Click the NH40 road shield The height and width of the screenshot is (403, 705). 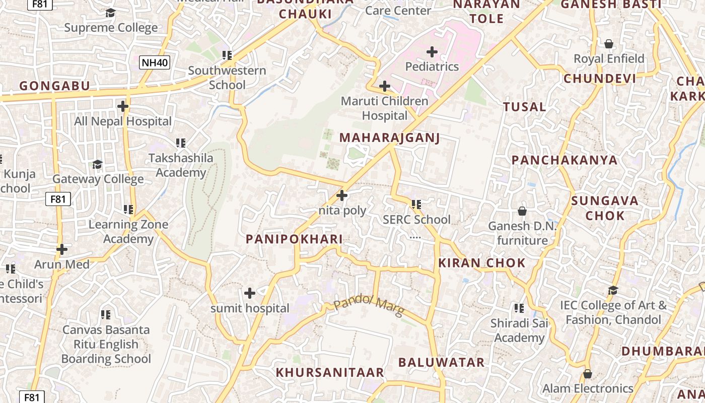tap(155, 62)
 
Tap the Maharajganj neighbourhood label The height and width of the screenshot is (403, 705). tap(389, 138)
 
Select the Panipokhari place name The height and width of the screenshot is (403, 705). tap(294, 239)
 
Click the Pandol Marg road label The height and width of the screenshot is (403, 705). tap(369, 306)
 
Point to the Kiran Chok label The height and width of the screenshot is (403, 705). tap(481, 262)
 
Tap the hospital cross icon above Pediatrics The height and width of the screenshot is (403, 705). tap(432, 52)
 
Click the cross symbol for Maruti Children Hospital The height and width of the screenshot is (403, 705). tap(385, 86)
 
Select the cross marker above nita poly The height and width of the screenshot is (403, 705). tap(342, 195)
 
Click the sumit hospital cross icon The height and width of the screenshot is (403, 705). tap(249, 293)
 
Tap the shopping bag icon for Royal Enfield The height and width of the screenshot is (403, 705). tap(609, 44)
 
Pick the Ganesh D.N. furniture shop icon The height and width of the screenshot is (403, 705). tap(522, 211)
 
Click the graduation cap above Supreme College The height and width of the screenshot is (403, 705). tap(110, 13)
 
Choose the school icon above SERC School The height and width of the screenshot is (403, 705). tap(416, 205)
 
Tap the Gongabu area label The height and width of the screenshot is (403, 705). tap(54, 86)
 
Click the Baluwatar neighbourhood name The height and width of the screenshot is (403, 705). tap(441, 362)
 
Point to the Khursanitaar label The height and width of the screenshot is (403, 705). tap(330, 372)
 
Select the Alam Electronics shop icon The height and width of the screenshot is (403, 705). tap(587, 374)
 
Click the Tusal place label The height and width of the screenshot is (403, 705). tap(524, 107)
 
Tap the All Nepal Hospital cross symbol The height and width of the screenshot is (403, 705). tap(122, 106)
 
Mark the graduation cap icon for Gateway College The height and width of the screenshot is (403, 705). tap(98, 164)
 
